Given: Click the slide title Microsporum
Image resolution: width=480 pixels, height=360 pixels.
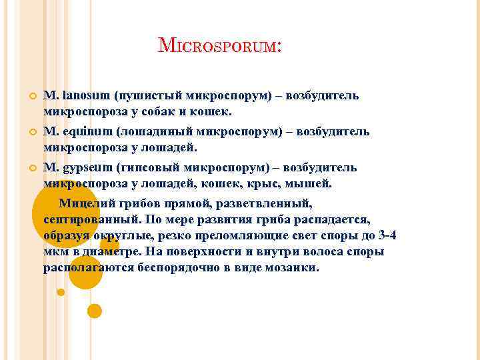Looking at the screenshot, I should pos(220,46).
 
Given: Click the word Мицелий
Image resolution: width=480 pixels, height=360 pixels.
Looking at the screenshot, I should pos(86,202).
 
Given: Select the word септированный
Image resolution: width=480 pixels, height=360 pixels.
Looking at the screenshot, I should pos(89,219).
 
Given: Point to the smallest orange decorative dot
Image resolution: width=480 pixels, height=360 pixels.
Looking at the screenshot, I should pos(61,292).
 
